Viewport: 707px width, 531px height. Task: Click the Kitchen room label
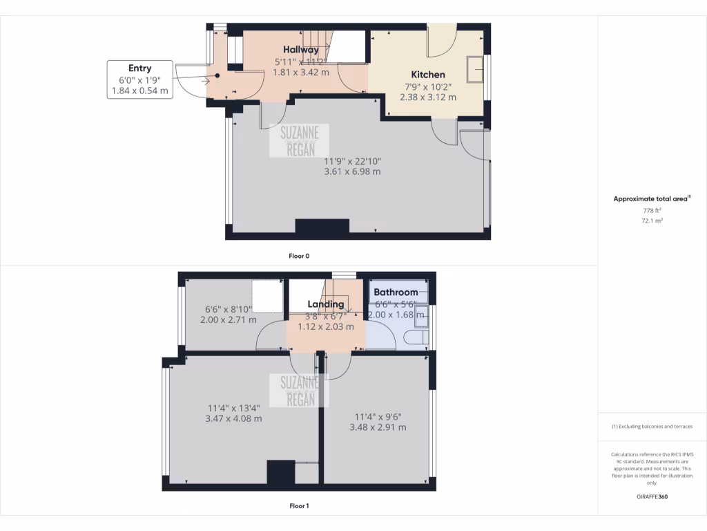(x=428, y=75)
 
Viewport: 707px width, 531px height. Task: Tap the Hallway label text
(x=301, y=50)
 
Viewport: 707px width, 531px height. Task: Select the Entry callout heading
(x=139, y=68)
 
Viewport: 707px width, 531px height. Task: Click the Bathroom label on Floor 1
(x=396, y=292)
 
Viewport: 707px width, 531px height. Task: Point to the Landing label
(x=326, y=304)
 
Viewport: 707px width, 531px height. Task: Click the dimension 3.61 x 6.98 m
(x=352, y=172)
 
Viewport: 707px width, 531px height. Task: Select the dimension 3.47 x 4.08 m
(x=233, y=418)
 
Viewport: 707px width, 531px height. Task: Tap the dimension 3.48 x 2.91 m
(x=378, y=427)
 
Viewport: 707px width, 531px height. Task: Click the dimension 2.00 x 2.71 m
(x=228, y=320)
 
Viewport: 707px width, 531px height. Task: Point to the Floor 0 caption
(x=299, y=256)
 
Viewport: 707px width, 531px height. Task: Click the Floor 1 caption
(x=299, y=506)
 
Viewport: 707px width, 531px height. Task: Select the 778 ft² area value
(x=652, y=210)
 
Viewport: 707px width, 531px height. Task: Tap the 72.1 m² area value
(x=652, y=221)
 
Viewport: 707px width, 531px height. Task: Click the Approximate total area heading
(x=652, y=199)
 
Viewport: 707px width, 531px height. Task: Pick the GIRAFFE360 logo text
(x=652, y=496)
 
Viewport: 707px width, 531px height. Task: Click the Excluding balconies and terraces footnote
(x=652, y=427)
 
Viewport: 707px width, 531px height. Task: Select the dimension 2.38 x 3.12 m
(x=428, y=97)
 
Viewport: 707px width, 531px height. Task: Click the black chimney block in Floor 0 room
(x=322, y=227)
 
